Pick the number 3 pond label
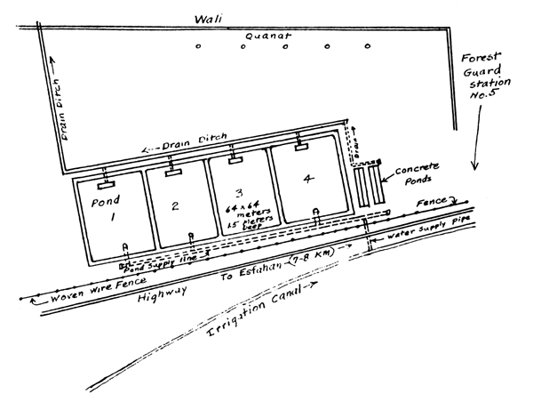click(x=238, y=193)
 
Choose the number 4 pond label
click(x=307, y=180)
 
